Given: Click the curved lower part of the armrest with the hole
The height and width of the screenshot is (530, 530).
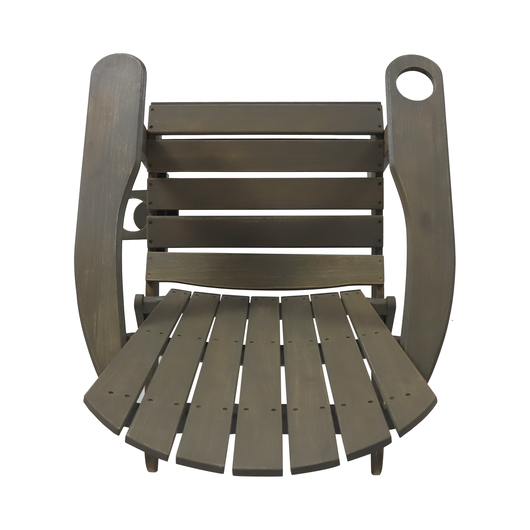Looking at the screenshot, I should click(x=420, y=302).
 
